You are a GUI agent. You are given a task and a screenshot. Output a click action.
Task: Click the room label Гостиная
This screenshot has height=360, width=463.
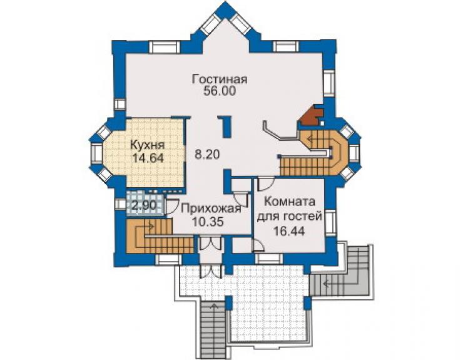220,80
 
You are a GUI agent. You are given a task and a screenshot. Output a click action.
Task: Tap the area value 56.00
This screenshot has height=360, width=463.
220,91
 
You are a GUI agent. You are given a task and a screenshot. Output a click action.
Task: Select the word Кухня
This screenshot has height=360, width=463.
147,146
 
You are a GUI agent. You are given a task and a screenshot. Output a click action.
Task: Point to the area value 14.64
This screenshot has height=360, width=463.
148,158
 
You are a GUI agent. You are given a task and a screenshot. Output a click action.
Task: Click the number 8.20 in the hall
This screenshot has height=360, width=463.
207,154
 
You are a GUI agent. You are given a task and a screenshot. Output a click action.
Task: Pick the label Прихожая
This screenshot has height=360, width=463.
211,208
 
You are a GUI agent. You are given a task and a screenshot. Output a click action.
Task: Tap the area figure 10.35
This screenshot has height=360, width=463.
207,222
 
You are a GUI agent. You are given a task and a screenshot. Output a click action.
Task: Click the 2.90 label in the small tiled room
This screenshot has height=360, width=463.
143,205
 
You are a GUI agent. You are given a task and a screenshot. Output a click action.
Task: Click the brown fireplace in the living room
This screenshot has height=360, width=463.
312,115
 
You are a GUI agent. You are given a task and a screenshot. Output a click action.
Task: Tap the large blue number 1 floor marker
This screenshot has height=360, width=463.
226,127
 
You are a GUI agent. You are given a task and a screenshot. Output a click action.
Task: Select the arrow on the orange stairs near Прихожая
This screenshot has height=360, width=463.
145,227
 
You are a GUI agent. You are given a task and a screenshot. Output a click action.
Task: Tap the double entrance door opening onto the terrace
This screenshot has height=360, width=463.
210,244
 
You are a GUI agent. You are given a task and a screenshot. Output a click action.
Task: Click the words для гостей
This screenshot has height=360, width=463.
289,217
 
